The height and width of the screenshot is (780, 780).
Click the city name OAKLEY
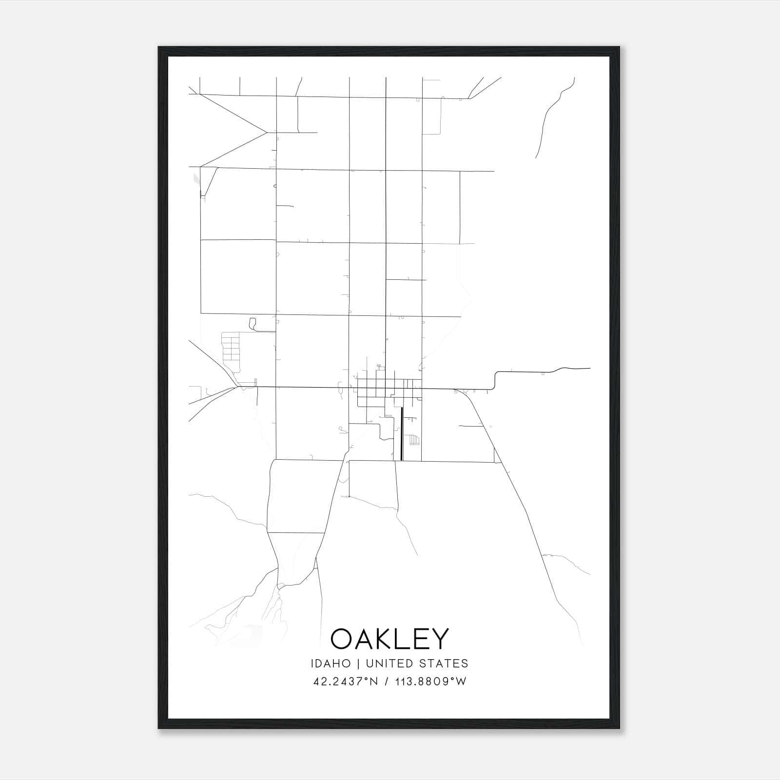(389, 639)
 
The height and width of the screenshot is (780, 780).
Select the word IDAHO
(331, 663)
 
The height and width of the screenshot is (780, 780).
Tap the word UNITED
(387, 663)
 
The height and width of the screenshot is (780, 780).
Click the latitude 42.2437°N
(346, 682)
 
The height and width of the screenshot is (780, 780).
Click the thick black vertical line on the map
(401, 434)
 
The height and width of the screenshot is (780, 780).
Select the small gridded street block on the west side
(231, 346)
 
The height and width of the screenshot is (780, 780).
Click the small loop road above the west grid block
(253, 324)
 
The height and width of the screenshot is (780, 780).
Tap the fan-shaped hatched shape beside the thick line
(414, 440)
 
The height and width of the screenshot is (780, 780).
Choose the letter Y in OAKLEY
(439, 639)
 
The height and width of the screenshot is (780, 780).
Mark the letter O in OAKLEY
(342, 639)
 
